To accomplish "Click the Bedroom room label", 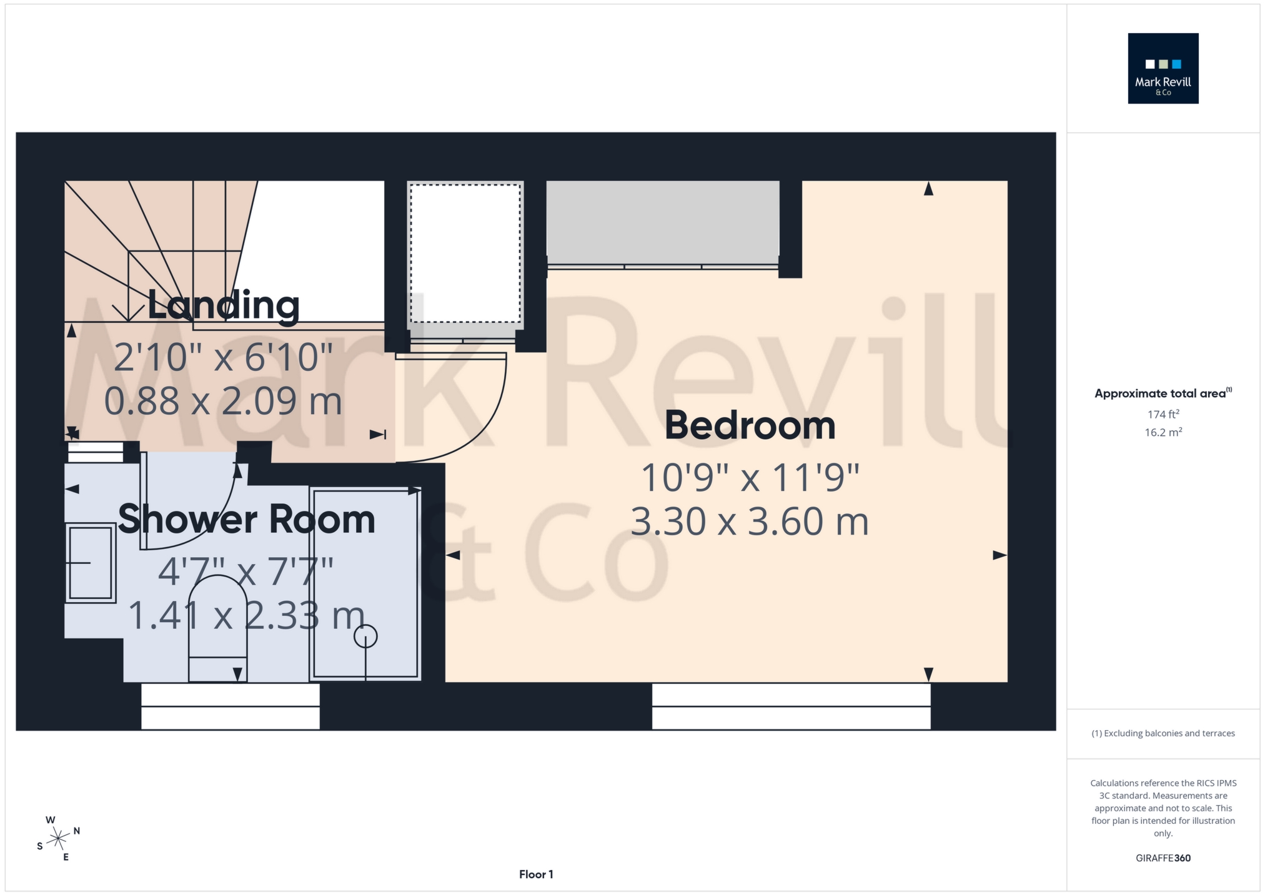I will pos(749,426).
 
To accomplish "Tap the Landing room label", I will pos(223,305).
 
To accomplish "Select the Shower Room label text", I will pos(246,520).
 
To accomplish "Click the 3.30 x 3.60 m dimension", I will pos(749,522).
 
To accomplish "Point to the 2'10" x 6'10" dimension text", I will pos(223,358).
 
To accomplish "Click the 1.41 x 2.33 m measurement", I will pos(246,616).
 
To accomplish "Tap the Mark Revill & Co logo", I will pos(1163,69).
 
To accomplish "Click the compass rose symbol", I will pos(58,838).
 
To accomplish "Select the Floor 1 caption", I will pos(536,874).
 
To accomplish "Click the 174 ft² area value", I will pos(1163,414).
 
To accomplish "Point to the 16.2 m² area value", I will pos(1163,432).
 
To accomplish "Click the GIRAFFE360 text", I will pos(1163,858).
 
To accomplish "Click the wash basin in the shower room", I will pos(91,563).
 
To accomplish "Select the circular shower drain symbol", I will pos(365,637).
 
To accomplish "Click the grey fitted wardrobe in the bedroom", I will pos(663,222).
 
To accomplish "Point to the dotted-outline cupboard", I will pos(465,253).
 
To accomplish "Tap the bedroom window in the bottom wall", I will pos(791,706).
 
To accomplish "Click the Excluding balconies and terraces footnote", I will pos(1163,733).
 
